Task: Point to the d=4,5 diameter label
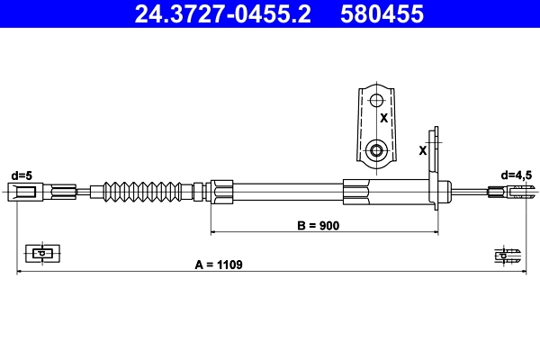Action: point(517,175)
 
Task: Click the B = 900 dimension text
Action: point(318,226)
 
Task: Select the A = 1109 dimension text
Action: point(220,265)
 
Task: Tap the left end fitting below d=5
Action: point(25,190)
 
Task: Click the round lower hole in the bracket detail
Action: point(378,149)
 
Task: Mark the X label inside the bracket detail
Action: point(382,118)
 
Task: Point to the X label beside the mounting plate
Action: point(422,150)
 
